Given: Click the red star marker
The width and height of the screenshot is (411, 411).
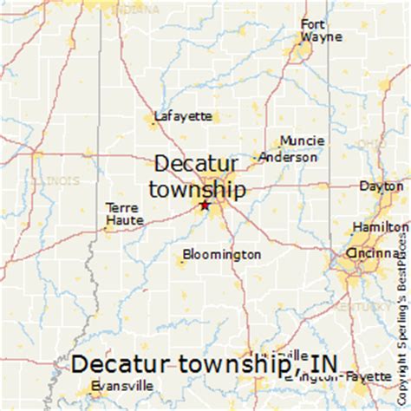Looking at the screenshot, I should coord(205,205).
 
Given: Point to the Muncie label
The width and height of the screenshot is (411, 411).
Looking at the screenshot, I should coord(302,140).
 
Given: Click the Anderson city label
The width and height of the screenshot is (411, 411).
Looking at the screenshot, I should coord(289,158).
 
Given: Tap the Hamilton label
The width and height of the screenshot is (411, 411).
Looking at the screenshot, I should coord(379,226).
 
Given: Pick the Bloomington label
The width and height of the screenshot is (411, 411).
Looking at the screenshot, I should coord(222,255).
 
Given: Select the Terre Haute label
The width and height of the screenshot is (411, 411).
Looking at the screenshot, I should coord(122,214).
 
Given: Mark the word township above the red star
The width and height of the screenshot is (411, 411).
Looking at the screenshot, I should coord(196,188).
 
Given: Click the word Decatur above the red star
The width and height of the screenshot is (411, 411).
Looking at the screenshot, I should coord(199,165).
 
